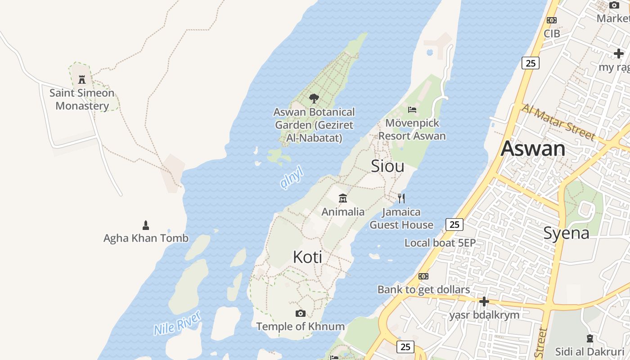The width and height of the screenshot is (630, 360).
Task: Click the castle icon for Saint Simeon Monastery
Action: click(x=82, y=80)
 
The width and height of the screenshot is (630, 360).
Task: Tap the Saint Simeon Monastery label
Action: click(x=82, y=99)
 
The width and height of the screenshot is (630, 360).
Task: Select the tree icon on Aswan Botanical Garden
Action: click(x=314, y=99)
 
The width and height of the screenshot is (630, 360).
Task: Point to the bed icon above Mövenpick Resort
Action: click(x=412, y=110)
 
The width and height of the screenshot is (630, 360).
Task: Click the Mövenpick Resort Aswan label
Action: click(x=412, y=129)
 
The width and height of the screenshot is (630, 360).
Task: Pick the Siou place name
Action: click(x=387, y=166)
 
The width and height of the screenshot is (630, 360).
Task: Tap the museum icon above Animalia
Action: click(x=343, y=198)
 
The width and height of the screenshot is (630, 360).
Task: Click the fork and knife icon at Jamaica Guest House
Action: click(x=401, y=198)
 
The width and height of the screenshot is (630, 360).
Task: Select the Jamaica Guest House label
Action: click(x=401, y=218)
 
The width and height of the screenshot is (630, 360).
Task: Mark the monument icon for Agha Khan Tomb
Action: click(x=145, y=225)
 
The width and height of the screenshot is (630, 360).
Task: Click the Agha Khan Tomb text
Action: click(x=146, y=238)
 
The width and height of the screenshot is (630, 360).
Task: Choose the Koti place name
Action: click(x=307, y=257)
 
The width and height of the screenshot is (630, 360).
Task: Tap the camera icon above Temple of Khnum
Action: click(x=300, y=313)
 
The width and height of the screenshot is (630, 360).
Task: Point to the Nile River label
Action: click(x=177, y=323)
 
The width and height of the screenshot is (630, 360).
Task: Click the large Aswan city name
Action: click(x=533, y=148)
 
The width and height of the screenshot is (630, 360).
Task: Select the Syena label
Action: click(x=566, y=233)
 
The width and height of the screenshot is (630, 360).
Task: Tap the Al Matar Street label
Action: click(x=558, y=122)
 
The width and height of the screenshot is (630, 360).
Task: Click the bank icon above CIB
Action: click(x=552, y=20)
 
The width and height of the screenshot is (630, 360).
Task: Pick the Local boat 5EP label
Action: click(x=440, y=243)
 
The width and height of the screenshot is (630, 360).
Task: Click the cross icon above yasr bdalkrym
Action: click(x=484, y=301)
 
